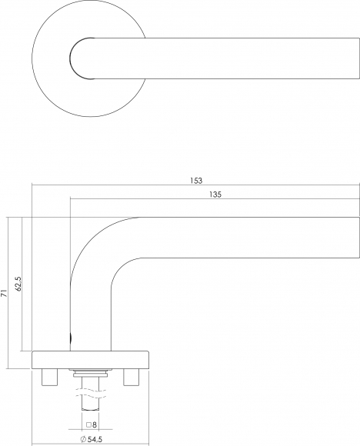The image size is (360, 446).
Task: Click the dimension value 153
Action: [x=196, y=181]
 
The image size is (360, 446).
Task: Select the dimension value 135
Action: [x=215, y=195]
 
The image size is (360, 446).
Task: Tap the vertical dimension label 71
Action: [x=4, y=294]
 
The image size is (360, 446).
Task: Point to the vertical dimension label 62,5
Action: [x=19, y=284]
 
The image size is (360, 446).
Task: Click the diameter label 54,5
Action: [x=95, y=439]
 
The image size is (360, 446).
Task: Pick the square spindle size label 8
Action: [x=95, y=425]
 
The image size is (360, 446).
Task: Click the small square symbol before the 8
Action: [x=88, y=425]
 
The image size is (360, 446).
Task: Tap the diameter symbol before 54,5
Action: [x=83, y=439]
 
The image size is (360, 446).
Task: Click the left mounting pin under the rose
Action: [x=50, y=377]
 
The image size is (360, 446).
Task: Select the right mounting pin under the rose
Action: [x=132, y=377]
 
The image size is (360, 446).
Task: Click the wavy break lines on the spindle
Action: [x=91, y=392]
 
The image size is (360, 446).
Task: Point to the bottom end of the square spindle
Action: [x=91, y=410]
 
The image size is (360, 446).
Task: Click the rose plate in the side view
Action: [x=91, y=360]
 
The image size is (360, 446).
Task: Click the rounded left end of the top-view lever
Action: [x=70, y=58]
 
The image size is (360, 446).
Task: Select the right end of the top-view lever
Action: [x=359, y=58]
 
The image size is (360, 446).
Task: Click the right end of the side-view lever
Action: [x=359, y=238]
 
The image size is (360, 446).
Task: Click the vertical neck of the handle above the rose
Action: [x=91, y=318]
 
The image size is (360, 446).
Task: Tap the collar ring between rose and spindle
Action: [x=91, y=373]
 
